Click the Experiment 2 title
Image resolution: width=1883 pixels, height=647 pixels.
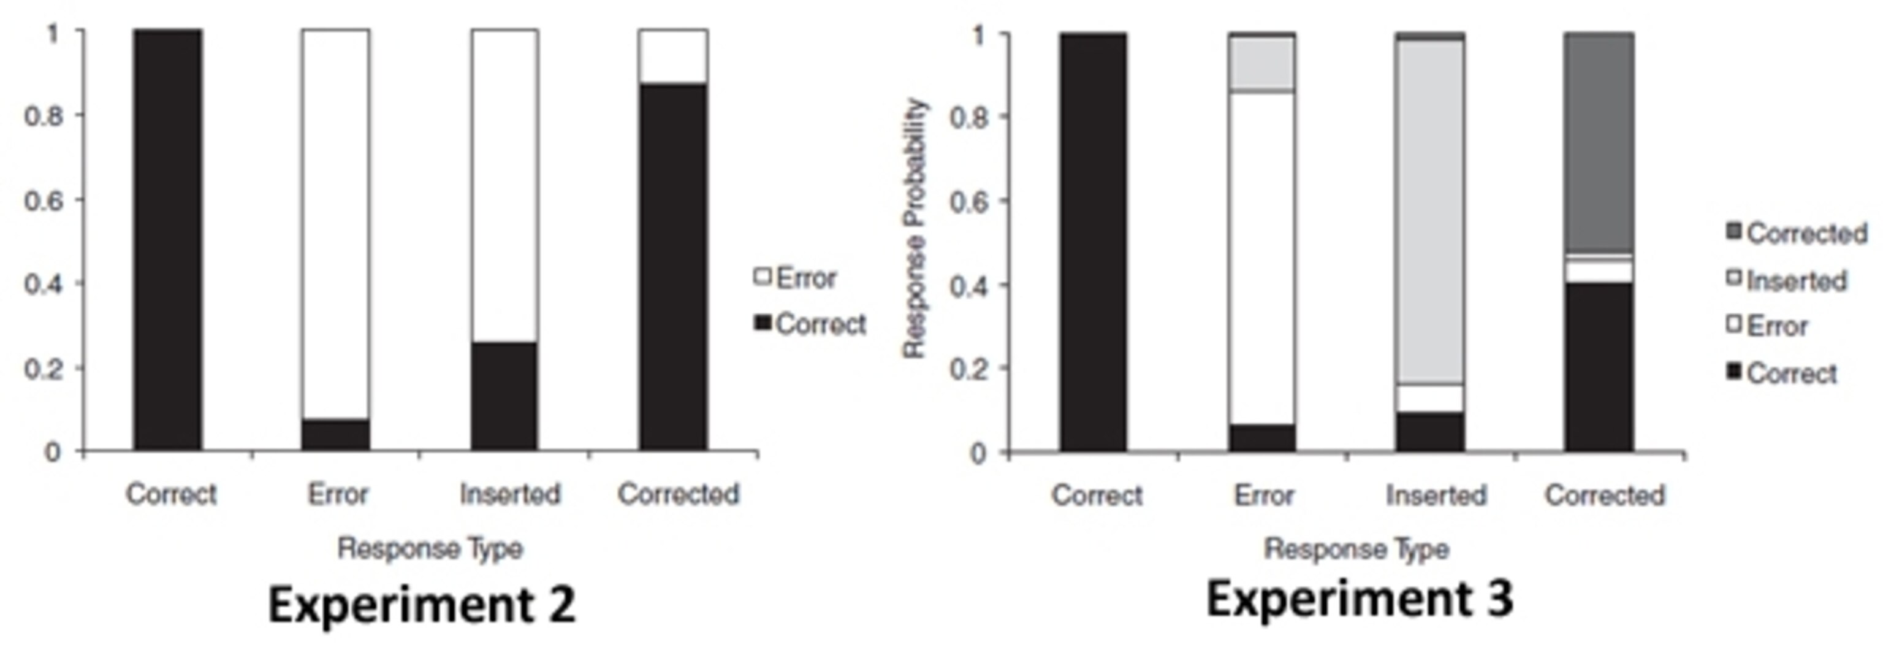coord(422,605)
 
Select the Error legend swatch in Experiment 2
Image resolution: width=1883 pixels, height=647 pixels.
coord(763,277)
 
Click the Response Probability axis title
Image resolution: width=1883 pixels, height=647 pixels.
coord(915,228)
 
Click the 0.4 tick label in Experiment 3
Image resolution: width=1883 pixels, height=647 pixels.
coord(968,285)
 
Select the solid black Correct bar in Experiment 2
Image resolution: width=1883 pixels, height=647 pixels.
coord(167,240)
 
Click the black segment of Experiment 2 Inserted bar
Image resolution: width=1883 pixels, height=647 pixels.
coord(504,396)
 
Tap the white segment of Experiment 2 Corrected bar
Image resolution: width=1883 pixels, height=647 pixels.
coord(673,57)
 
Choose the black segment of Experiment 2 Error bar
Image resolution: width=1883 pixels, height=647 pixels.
coord(337,434)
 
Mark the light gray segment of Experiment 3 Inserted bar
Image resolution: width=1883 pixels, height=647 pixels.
coord(1430,212)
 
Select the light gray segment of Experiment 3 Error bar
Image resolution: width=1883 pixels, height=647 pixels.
coord(1261,64)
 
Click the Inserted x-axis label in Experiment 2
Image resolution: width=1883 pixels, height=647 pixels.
coord(509,494)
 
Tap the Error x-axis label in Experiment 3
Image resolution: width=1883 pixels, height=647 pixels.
coord(1264,495)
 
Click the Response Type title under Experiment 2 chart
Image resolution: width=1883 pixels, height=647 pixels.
coord(430,548)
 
